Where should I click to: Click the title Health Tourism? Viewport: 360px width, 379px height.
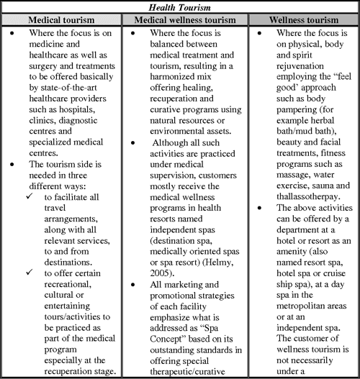point(180,7)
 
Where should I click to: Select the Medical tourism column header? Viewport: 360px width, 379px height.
point(62,20)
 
